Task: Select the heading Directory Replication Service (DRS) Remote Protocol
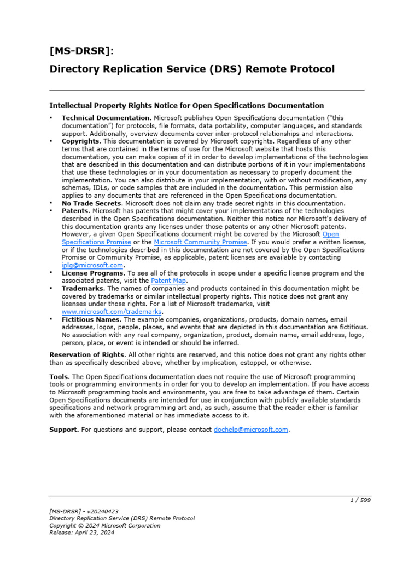point(192,69)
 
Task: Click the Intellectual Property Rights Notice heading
point(186,105)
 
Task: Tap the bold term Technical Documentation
point(107,118)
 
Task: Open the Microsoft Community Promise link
point(201,242)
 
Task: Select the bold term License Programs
point(92,273)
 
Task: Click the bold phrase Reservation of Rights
point(87,354)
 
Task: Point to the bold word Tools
point(59,377)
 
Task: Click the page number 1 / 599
point(360,500)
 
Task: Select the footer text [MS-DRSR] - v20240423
point(84,511)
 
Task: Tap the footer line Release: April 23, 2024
point(81,533)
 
